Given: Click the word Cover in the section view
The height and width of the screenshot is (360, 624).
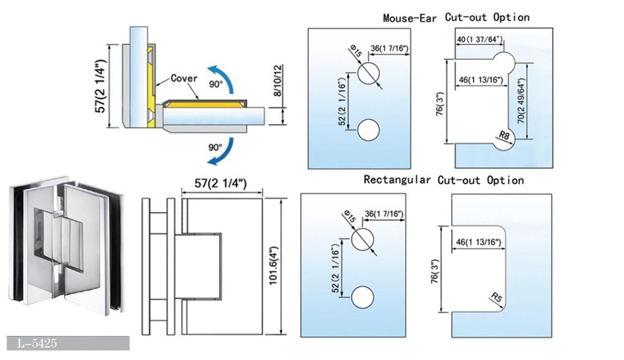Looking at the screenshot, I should pos(185,79).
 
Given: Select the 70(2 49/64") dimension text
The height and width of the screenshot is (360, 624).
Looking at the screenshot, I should pos(522,102).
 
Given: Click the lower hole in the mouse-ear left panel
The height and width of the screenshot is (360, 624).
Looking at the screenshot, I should pos(368,130).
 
